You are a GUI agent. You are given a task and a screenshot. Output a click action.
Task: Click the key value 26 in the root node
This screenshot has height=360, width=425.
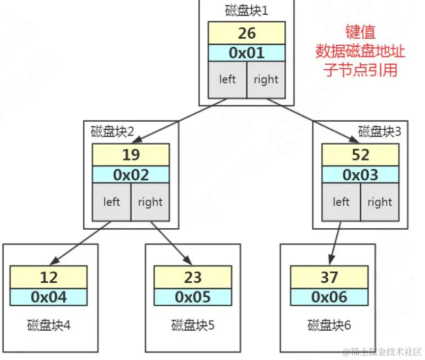click(x=246, y=34)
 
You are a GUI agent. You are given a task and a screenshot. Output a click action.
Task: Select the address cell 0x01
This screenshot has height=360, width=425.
click(x=246, y=53)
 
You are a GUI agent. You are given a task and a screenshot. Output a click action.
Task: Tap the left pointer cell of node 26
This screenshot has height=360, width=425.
click(x=227, y=79)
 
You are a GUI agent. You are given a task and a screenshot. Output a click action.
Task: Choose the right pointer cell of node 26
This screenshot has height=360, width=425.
click(x=266, y=79)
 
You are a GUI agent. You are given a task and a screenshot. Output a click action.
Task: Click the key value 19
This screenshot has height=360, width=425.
click(x=131, y=155)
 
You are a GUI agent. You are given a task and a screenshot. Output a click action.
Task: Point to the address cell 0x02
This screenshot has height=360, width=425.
click(x=131, y=174)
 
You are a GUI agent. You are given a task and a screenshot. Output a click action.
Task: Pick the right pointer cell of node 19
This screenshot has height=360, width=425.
click(x=150, y=202)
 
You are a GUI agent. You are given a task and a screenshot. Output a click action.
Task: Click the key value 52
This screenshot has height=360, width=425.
click(x=360, y=155)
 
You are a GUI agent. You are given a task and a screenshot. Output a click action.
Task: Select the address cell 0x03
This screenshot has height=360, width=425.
click(x=360, y=174)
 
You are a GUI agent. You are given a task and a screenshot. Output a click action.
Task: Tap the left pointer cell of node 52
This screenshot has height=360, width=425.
click(x=341, y=202)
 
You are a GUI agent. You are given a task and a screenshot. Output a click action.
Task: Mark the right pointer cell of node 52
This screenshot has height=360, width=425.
click(x=379, y=202)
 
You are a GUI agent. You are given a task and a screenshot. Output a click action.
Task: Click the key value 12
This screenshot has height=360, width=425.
click(x=48, y=277)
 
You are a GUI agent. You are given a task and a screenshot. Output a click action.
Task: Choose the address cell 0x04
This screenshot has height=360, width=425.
click(x=48, y=297)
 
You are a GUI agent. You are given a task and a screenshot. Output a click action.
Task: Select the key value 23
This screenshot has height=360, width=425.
click(x=193, y=277)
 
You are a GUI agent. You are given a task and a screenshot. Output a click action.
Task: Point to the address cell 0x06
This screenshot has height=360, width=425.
click(x=329, y=297)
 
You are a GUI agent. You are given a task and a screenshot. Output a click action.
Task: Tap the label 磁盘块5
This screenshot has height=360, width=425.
click(x=193, y=324)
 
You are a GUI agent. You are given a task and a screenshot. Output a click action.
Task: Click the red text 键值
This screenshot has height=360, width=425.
click(x=360, y=32)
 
